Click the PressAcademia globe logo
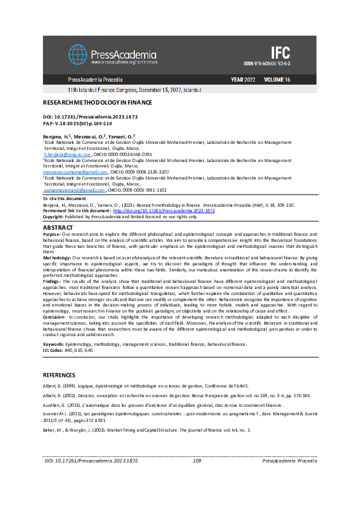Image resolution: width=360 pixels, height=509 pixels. pos(77,54)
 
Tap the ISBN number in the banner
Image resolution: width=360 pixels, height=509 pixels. pos(267,63)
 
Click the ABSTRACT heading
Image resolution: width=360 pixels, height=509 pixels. pos(59,227)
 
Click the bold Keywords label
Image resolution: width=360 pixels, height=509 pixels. pos(53,344)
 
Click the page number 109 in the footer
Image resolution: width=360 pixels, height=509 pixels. pos(197,478)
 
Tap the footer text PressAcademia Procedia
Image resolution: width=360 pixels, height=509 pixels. pos(290,478)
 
